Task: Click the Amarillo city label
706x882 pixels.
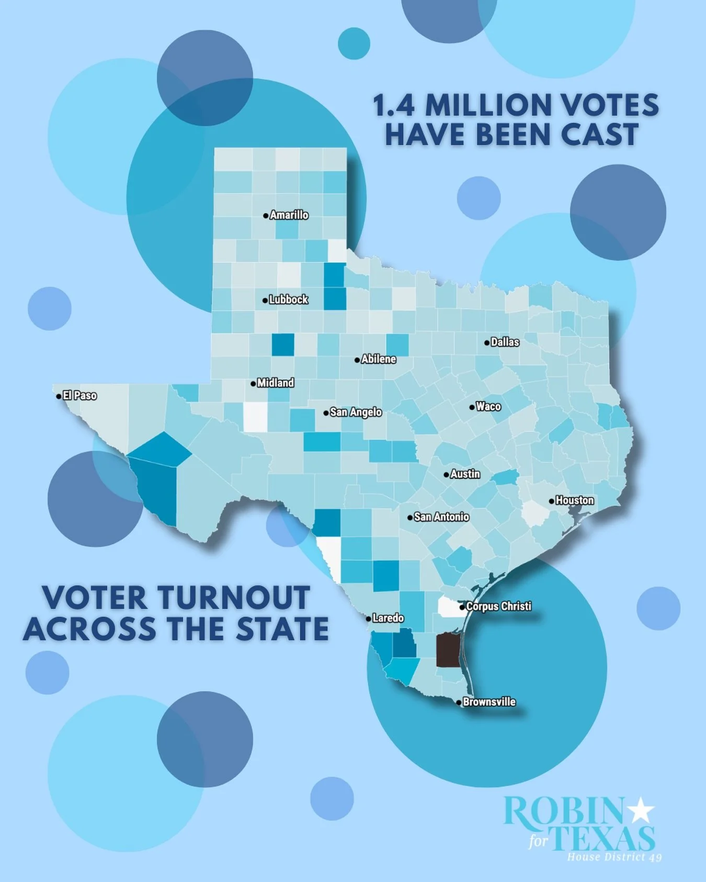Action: pyautogui.click(x=289, y=215)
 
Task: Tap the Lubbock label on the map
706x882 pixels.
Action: pyautogui.click(x=288, y=300)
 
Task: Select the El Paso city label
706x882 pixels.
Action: pyautogui.click(x=79, y=396)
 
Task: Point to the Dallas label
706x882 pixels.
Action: pyautogui.click(x=505, y=342)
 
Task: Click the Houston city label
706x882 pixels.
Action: pyautogui.click(x=574, y=501)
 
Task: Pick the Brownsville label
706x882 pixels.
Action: pyautogui.click(x=489, y=702)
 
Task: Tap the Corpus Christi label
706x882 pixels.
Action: pyautogui.click(x=498, y=606)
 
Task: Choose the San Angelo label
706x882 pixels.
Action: pyautogui.click(x=356, y=412)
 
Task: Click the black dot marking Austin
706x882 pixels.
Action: pyautogui.click(x=446, y=475)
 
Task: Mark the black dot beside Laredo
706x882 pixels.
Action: pyautogui.click(x=368, y=619)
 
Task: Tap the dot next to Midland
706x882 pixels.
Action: pyautogui.click(x=253, y=384)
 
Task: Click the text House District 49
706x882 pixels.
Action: pyautogui.click(x=614, y=857)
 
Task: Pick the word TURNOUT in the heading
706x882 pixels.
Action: pyautogui.click(x=234, y=598)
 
